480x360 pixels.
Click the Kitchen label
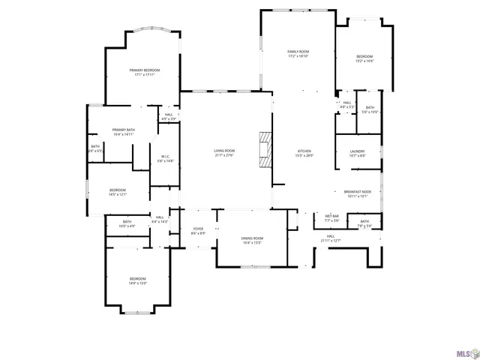click(304, 153)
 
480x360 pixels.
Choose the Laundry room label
click(357, 154)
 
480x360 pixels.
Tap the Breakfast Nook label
click(357, 193)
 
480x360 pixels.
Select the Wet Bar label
click(332, 219)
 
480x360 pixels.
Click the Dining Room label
click(252, 240)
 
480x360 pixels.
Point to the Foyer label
click(198, 231)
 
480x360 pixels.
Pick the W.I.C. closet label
click(166, 159)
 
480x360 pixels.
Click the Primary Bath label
click(124, 132)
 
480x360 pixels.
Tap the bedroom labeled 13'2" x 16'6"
click(364, 58)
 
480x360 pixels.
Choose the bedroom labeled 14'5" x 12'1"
click(118, 192)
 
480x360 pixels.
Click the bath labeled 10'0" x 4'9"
click(127, 223)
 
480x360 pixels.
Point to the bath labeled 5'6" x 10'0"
click(370, 109)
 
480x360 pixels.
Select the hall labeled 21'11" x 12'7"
click(330, 238)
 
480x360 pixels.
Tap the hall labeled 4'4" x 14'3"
click(160, 219)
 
